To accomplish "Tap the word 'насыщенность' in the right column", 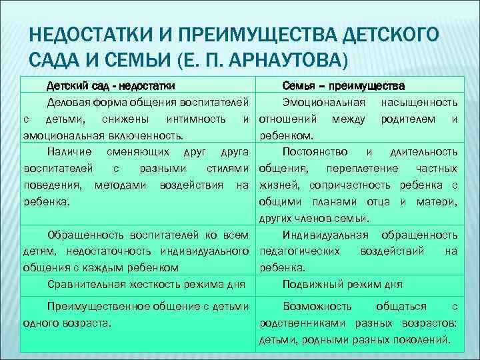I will pyautogui.click(x=419, y=103).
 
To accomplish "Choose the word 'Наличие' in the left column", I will pyautogui.click(x=67, y=151).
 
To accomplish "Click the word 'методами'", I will pyautogui.click(x=124, y=183).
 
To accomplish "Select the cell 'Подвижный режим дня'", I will pyautogui.click(x=342, y=284).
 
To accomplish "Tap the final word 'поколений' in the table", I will pyautogui.click(x=425, y=339).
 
